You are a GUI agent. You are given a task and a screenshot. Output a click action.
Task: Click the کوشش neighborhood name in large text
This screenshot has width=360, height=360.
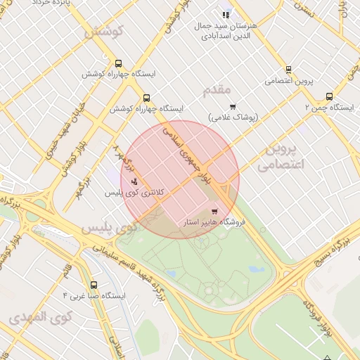coord(103,32)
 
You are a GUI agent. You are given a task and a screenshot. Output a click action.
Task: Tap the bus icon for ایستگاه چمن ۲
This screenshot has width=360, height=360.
coord(329,96)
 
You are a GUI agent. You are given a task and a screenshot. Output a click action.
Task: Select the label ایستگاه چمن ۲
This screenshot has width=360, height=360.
coord(329,108)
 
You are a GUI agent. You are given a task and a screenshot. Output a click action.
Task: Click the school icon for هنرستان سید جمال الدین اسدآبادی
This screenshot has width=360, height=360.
coord(226,15)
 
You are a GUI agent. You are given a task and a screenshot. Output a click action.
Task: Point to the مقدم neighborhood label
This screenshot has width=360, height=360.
coord(217,89)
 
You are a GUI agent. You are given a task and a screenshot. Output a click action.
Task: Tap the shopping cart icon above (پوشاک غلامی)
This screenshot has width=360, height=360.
coord(233,107)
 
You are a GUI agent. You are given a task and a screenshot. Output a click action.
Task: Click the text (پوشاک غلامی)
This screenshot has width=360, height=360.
coord(233,117)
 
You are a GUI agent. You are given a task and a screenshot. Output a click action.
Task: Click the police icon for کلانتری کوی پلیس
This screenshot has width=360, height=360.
coord(134,181)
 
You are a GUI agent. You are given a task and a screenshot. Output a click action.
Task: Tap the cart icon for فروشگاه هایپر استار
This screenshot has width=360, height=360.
coord(214,211)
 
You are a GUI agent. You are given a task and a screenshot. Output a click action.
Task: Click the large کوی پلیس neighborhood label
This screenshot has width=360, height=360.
coord(107,229)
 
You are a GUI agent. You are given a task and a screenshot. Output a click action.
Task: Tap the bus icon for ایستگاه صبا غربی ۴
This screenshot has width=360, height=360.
coord(94,285)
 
